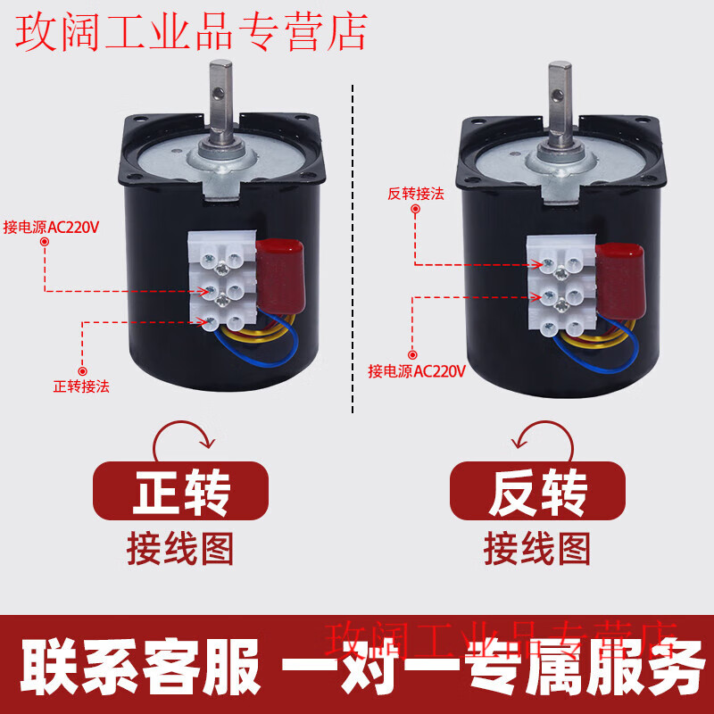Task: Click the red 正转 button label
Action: pyautogui.click(x=180, y=491)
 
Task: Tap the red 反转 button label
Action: pyautogui.click(x=536, y=491)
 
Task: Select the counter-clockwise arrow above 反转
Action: pyautogui.click(x=538, y=437)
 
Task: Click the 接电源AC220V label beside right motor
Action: pyautogui.click(x=417, y=371)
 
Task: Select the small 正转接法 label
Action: pyautogui.click(x=82, y=386)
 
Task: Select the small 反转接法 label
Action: pyautogui.click(x=416, y=193)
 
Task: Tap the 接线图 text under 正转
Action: pyautogui.click(x=180, y=546)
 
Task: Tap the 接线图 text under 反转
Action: pyautogui.click(x=536, y=546)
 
